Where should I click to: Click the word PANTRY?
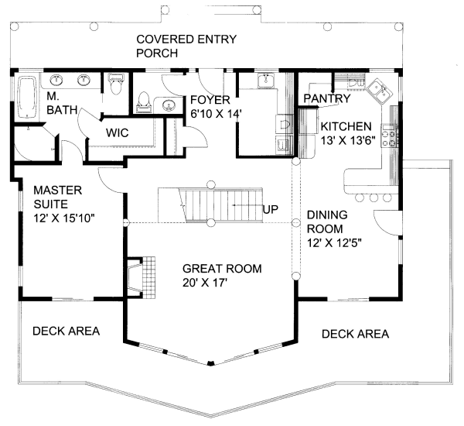pos(326,98)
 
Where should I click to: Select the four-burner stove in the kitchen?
pos(393,138)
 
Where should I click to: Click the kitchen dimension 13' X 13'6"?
pos(346,140)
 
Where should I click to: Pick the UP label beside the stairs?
pos(271,209)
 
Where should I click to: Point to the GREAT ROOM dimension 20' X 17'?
pos(222,283)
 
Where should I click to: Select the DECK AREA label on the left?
pos(66,331)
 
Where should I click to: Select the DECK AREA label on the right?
pos(355,334)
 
